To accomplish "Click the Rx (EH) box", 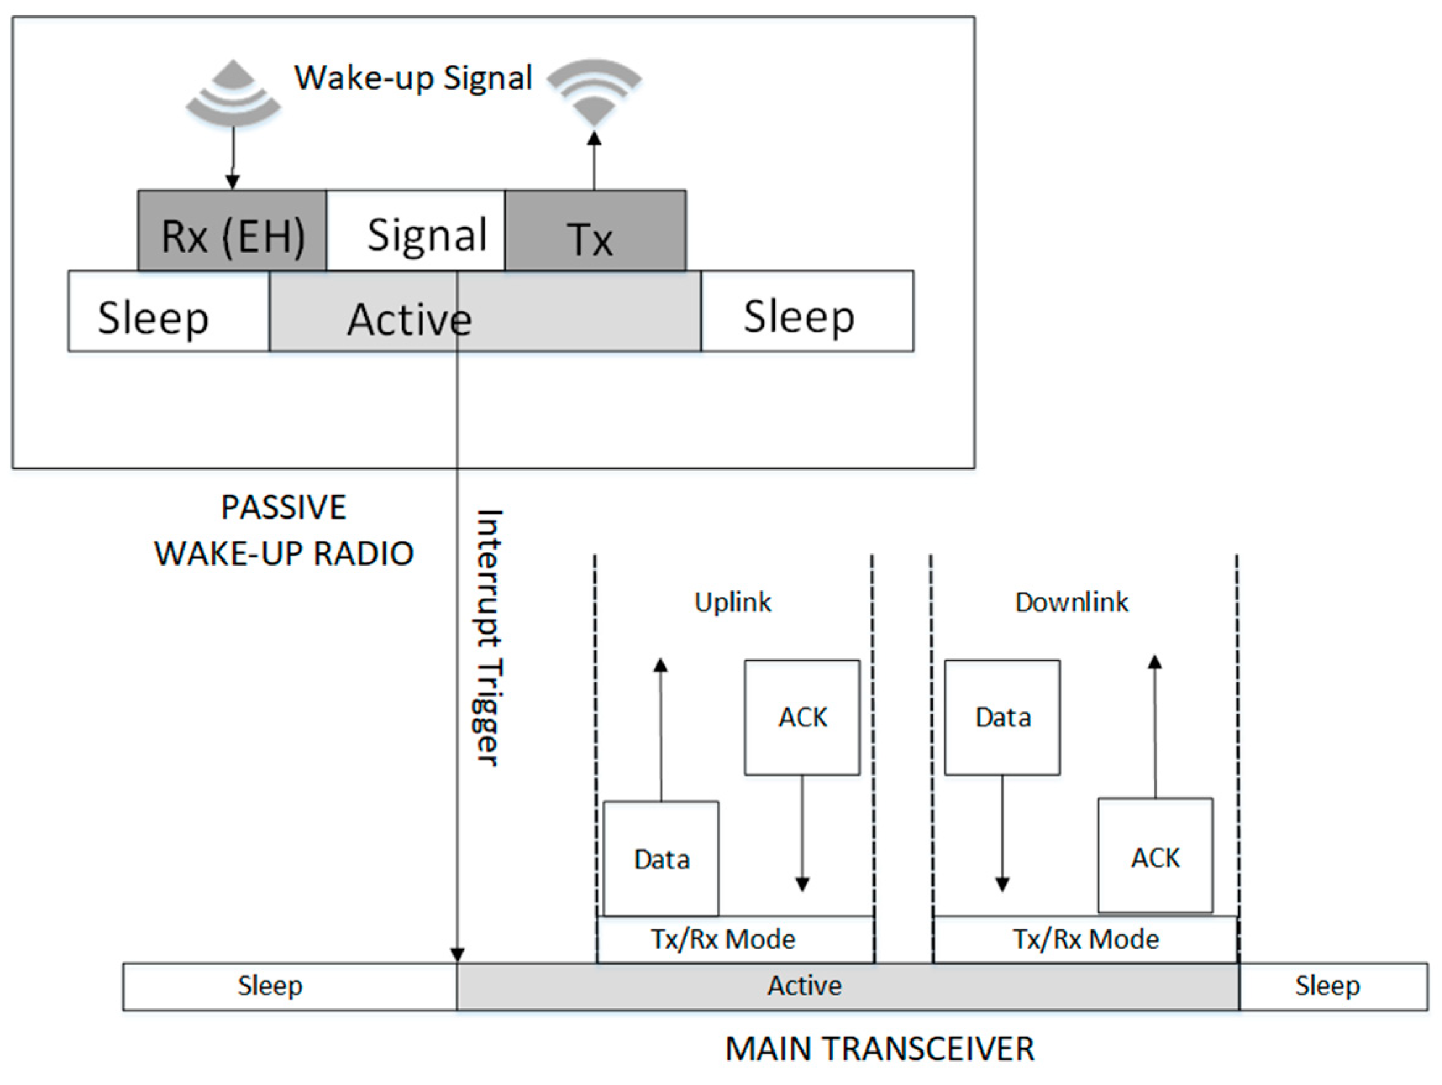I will [x=231, y=230].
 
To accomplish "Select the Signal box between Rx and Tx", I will [x=415, y=230].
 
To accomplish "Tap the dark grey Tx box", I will [x=594, y=230].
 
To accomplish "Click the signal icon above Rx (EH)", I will [x=233, y=93].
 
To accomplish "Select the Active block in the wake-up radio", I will [x=485, y=312].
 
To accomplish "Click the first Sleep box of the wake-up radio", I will [x=168, y=312].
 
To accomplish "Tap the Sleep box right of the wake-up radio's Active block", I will [x=807, y=312].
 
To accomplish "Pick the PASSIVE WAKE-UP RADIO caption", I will [x=283, y=530].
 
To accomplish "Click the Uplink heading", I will [x=733, y=602].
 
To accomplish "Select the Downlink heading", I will [x=1072, y=602].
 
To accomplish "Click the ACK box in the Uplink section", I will [x=802, y=717].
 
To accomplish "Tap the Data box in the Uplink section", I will [x=661, y=858].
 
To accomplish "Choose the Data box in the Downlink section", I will [x=1002, y=717].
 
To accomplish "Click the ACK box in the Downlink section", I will [x=1155, y=855].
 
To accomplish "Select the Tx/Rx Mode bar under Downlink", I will [x=1085, y=939].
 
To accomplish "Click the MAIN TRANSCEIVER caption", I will [x=880, y=1049].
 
